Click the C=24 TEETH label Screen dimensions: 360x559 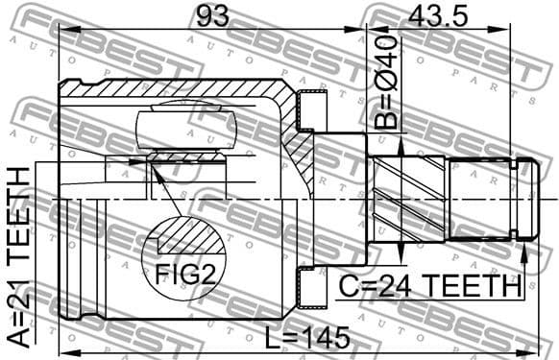click(428, 286)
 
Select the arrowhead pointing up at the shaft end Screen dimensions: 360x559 click(524, 252)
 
